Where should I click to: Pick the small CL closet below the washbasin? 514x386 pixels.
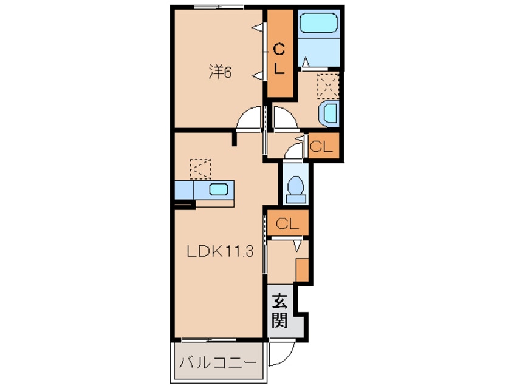[x=321, y=146]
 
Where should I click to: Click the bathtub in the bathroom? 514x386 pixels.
[x=318, y=25]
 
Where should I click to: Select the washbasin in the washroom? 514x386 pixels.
[x=330, y=113]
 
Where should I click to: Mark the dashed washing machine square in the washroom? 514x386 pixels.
[x=329, y=84]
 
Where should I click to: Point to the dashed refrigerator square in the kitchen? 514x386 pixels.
[x=199, y=168]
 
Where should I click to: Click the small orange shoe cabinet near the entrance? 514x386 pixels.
[x=302, y=268]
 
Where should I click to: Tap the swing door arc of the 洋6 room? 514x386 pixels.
[x=249, y=119]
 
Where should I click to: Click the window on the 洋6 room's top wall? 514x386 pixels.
[x=219, y=7]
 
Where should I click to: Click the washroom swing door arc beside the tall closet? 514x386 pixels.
[x=284, y=119]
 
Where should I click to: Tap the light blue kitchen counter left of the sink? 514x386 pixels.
[x=183, y=189]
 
